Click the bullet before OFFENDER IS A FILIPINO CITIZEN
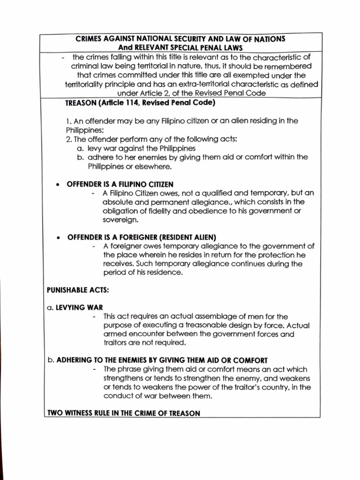coord(57,184)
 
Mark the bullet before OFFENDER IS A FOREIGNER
coord(57,237)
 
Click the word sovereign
coord(120,219)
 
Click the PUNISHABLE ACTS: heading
coord(77,290)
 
